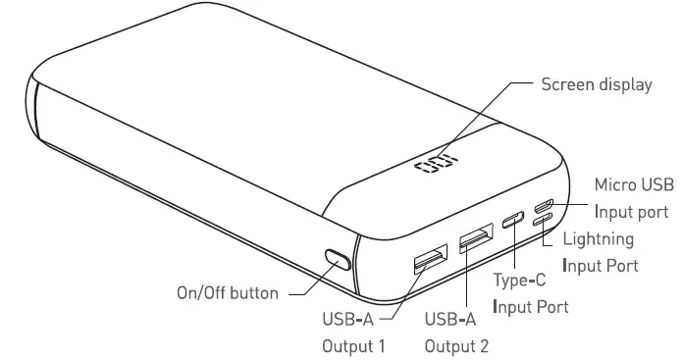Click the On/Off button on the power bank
(337, 261)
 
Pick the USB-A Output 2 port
(476, 237)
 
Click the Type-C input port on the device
(513, 221)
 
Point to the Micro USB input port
(544, 206)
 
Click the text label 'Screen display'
(597, 85)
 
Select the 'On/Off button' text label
(227, 292)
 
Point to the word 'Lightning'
(598, 238)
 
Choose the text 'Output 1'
(354, 344)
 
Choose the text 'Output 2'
(455, 344)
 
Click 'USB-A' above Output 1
(347, 318)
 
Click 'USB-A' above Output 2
(449, 318)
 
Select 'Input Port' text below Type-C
(530, 308)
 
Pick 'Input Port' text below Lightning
(601, 265)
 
